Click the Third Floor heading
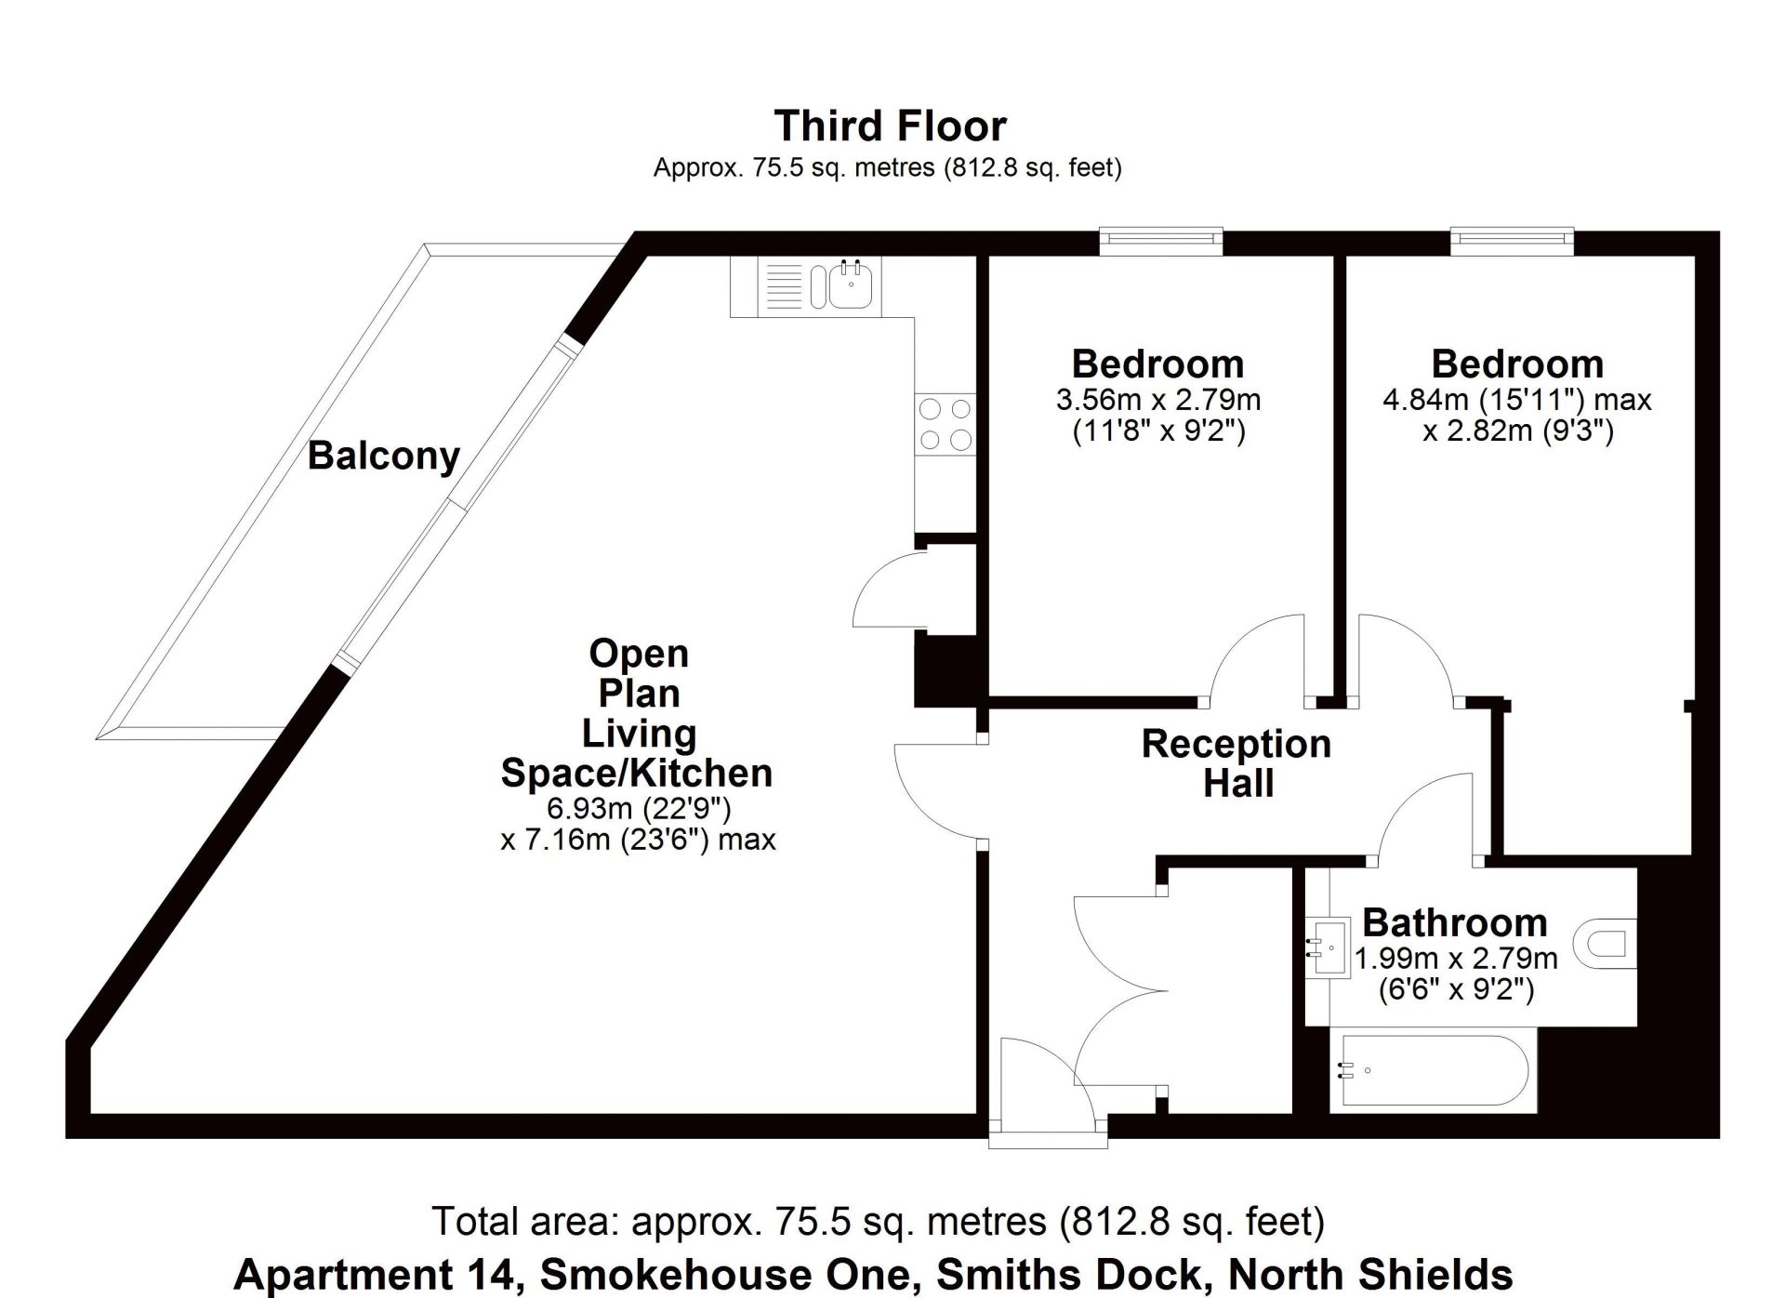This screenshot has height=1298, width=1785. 891,126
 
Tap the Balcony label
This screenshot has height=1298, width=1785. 384,456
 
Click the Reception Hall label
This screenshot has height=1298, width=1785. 1236,763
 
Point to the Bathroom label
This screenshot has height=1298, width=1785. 1455,923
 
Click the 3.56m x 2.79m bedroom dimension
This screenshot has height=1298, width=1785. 1158,400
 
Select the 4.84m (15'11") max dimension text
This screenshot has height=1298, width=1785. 1517,400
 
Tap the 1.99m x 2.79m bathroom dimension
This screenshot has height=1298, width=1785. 1456,958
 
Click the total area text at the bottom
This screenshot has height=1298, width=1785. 879,1221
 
